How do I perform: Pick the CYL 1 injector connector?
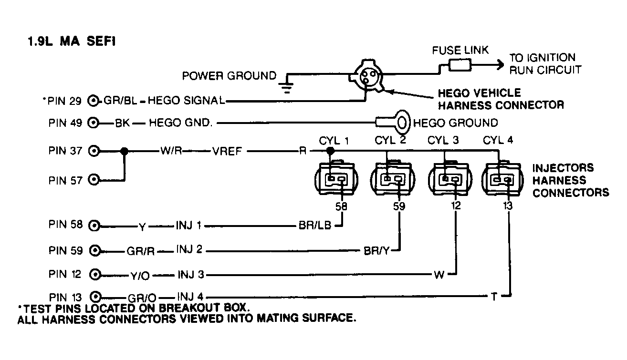tap(334, 180)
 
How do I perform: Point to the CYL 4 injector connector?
tap(503, 180)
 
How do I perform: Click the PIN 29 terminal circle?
tap(94, 101)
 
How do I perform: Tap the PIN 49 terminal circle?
tap(94, 123)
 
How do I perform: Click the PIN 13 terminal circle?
tap(95, 296)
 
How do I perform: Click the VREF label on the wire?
tap(228, 152)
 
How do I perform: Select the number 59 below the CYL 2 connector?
tap(398, 207)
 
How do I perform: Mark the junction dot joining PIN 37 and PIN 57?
tap(125, 151)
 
